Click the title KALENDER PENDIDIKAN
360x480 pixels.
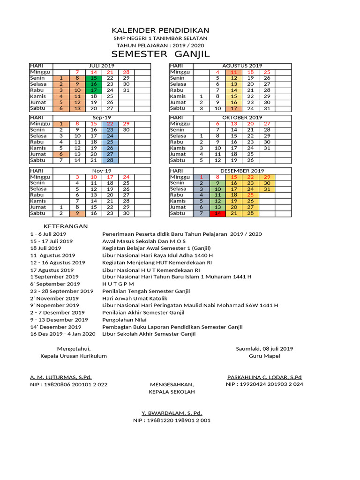pos(160,30)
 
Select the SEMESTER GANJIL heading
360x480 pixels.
pos(160,54)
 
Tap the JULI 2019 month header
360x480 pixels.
pos(102,66)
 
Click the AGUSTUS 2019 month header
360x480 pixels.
pos(242,66)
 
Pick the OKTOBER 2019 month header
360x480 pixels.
pos(242,118)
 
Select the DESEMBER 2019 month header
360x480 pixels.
pos(242,171)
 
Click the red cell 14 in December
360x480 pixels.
pos(217,213)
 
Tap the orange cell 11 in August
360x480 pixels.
pos(234,72)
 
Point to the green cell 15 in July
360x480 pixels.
pos(93,78)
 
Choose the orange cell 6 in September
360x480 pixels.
pos(61,154)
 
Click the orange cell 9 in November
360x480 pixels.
pos(77,213)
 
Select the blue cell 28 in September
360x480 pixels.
pos(110,160)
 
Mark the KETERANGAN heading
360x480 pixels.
pos(69,226)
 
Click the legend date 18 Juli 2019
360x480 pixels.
pos(45,248)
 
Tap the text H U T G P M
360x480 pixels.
pos(118,284)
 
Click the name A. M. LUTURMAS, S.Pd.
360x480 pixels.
pos(61,377)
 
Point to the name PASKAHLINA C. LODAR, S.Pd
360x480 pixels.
pos(264,377)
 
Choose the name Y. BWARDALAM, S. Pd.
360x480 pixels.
pos(172,413)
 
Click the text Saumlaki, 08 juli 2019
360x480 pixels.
pos(264,348)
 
